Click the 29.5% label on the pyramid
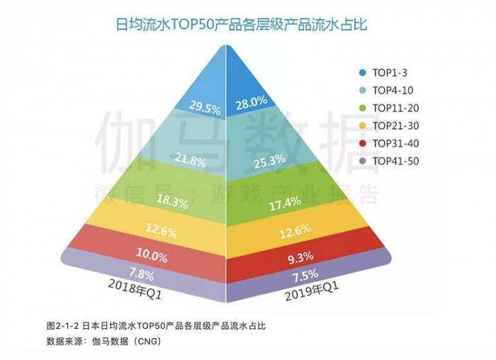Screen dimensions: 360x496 (205, 107)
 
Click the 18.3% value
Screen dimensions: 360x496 (172, 203)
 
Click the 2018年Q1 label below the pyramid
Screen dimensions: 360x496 (137, 288)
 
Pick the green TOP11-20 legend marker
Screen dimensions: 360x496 (363, 108)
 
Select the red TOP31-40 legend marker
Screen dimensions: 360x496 (363, 144)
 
